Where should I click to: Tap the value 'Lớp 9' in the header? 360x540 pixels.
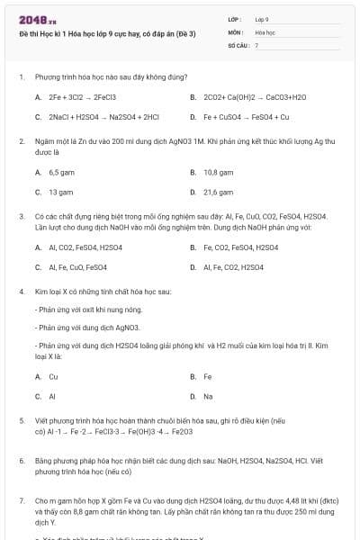(x=262, y=18)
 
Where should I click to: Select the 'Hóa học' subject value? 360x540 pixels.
(x=265, y=31)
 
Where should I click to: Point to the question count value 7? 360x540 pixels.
(x=256, y=44)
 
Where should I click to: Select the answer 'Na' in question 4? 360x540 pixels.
(x=208, y=396)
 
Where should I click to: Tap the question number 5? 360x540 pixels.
(x=21, y=420)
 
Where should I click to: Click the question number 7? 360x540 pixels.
(x=21, y=499)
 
